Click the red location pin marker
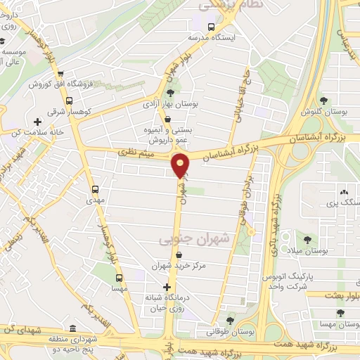coord(181,165)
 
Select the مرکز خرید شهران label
coord(182,266)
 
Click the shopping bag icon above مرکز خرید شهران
coord(181,255)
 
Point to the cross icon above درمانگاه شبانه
coord(166,287)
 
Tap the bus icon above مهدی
coord(96,188)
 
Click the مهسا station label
coord(118,289)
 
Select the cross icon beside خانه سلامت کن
coord(37,122)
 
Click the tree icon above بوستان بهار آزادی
coord(169,92)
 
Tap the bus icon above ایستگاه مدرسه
coord(212,25)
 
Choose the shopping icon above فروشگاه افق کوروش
coord(61,72)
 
